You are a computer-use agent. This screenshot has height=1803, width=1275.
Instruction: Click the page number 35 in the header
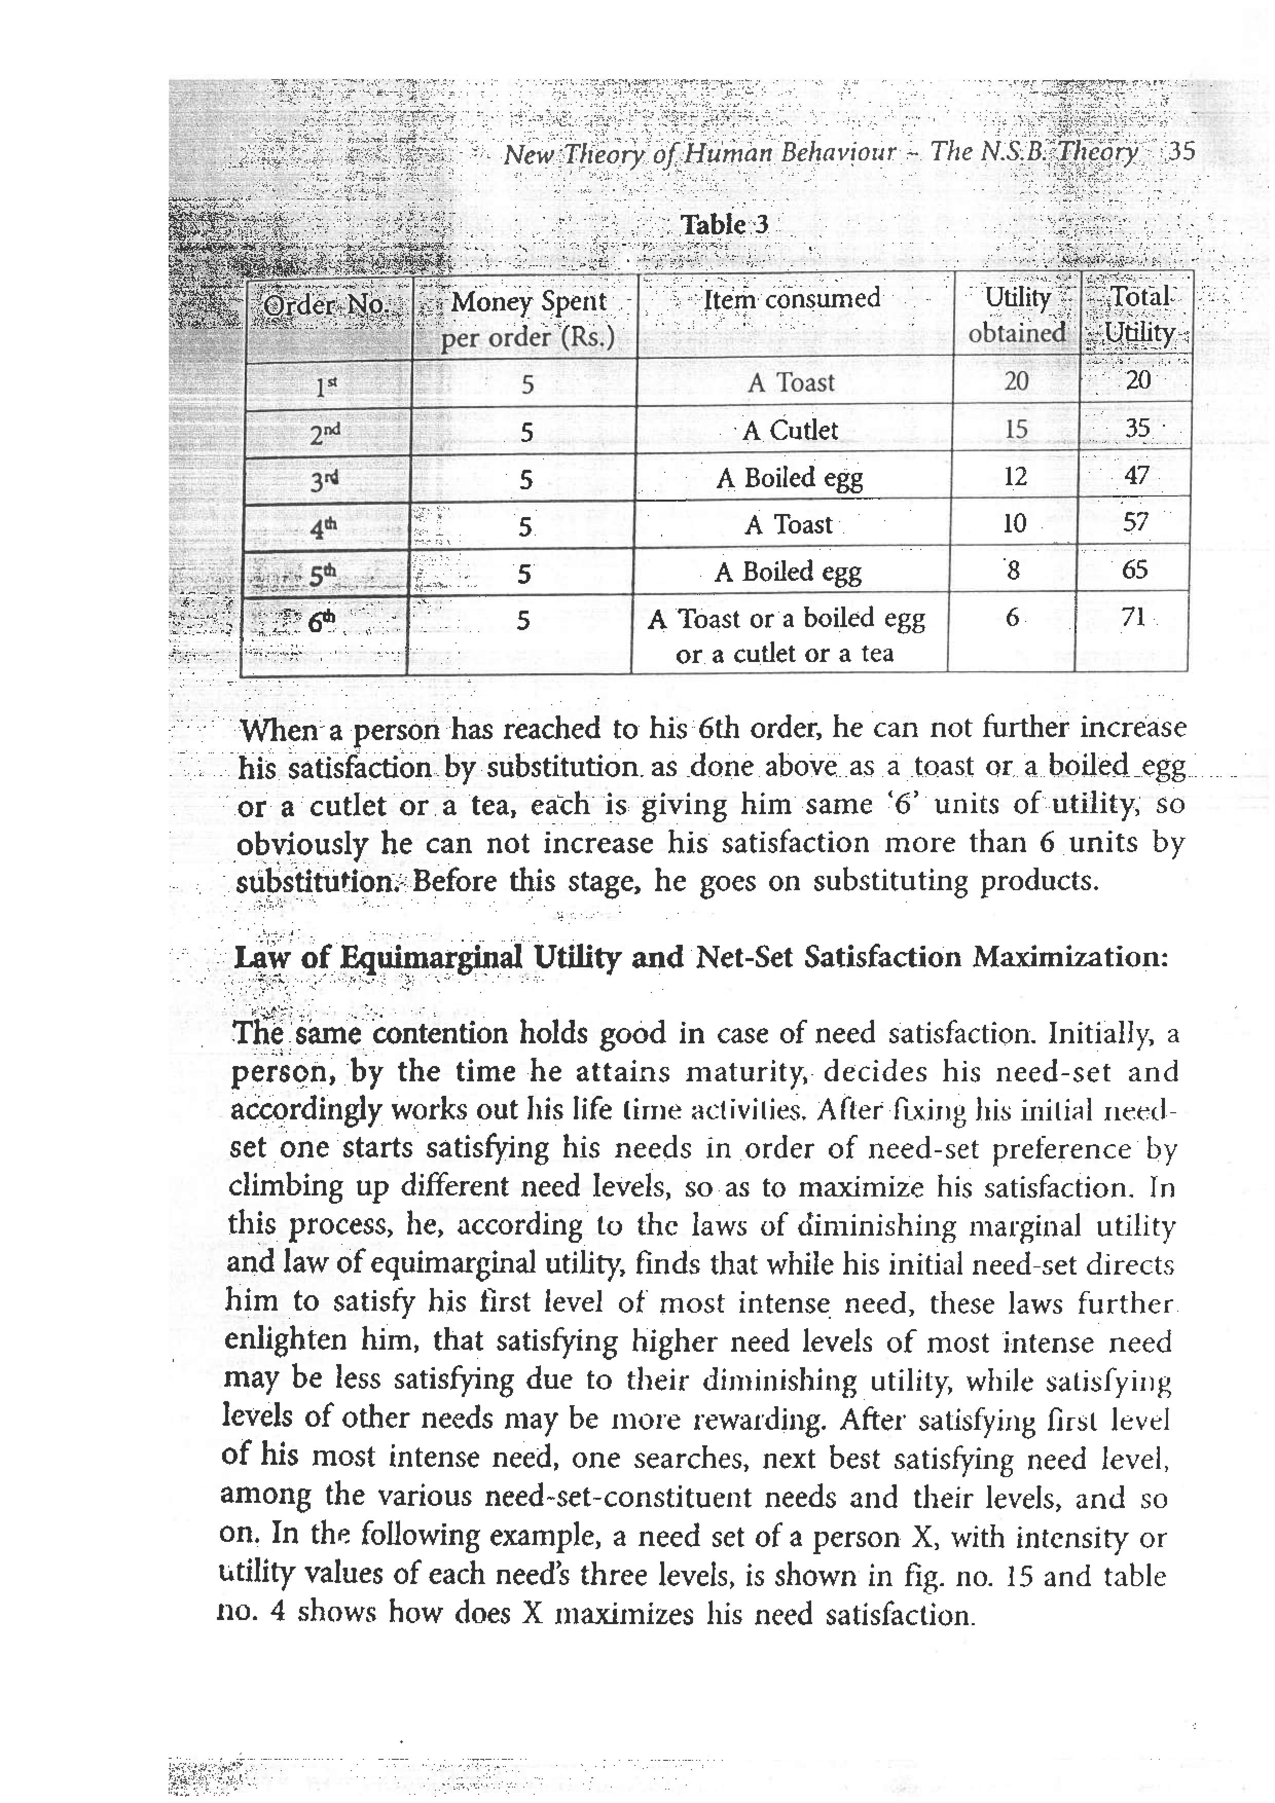1181,151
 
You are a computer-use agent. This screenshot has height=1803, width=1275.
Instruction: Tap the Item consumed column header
791,299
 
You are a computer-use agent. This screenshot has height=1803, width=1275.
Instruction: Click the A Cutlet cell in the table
790,430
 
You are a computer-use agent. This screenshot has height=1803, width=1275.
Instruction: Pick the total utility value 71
1133,617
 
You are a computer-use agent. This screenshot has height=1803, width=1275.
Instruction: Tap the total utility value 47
1136,475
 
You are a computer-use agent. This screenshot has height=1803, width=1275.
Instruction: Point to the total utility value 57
1135,522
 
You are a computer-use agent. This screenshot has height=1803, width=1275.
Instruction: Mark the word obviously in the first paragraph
302,844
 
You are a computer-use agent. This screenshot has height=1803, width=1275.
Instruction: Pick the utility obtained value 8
1013,571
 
